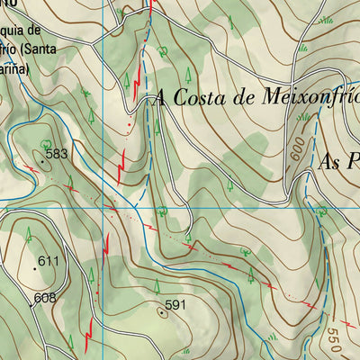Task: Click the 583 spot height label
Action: [57, 154]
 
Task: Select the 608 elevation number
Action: [45, 298]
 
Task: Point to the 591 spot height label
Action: [175, 305]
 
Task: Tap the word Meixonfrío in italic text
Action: [301, 96]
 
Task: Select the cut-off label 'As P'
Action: [338, 160]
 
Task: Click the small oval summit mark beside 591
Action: [161, 311]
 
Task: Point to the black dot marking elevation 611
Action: [35, 267]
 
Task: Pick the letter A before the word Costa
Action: [162, 97]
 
